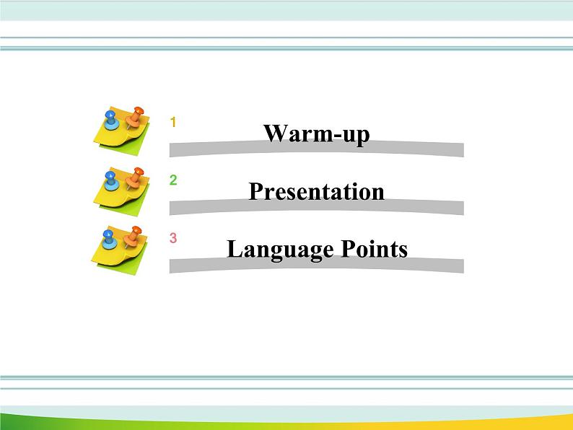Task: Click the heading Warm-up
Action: coord(316,133)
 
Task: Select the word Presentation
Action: coord(316,192)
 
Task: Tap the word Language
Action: coord(274,250)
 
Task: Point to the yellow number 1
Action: coord(173,123)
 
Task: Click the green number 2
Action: coord(173,180)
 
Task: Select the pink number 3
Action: coord(173,238)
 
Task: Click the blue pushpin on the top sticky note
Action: coord(110,119)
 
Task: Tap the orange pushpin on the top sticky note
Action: coord(134,116)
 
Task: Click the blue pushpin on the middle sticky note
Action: coord(110,177)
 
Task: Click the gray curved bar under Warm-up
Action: coord(316,151)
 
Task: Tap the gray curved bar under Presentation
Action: coord(316,209)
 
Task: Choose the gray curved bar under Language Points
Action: coord(316,266)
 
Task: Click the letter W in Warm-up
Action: coord(274,133)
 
